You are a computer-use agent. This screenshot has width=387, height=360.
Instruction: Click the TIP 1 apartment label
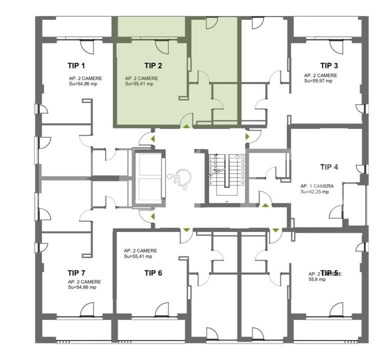coord(76,65)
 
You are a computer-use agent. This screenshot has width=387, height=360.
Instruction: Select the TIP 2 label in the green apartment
coord(153,65)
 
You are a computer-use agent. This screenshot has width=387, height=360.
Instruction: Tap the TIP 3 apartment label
coord(329,65)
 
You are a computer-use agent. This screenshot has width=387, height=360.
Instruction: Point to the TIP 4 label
coord(329,167)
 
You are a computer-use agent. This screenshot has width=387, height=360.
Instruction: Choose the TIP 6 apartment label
coord(153,273)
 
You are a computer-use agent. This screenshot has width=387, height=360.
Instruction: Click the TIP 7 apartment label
coord(76,273)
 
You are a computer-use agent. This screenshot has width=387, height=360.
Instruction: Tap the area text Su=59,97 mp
coord(318,81)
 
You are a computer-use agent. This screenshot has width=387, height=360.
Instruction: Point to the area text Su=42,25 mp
coord(315,191)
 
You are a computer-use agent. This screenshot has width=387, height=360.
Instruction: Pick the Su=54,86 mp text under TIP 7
coord(82,287)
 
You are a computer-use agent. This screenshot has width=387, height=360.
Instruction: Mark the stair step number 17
coord(242,156)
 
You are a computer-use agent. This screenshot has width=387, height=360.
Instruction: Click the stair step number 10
coord(242,183)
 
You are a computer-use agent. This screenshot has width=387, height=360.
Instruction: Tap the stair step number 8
coord(210,183)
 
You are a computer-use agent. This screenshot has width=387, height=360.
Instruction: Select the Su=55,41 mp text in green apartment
coord(139,84)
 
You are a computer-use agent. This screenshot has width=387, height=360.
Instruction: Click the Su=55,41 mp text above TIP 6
coord(138,256)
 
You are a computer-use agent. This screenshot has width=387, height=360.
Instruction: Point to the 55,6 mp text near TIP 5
coord(317,279)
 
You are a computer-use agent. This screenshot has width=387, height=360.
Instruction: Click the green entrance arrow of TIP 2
coord(186,126)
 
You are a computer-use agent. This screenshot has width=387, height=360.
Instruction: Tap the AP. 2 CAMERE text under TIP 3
coord(320,75)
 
